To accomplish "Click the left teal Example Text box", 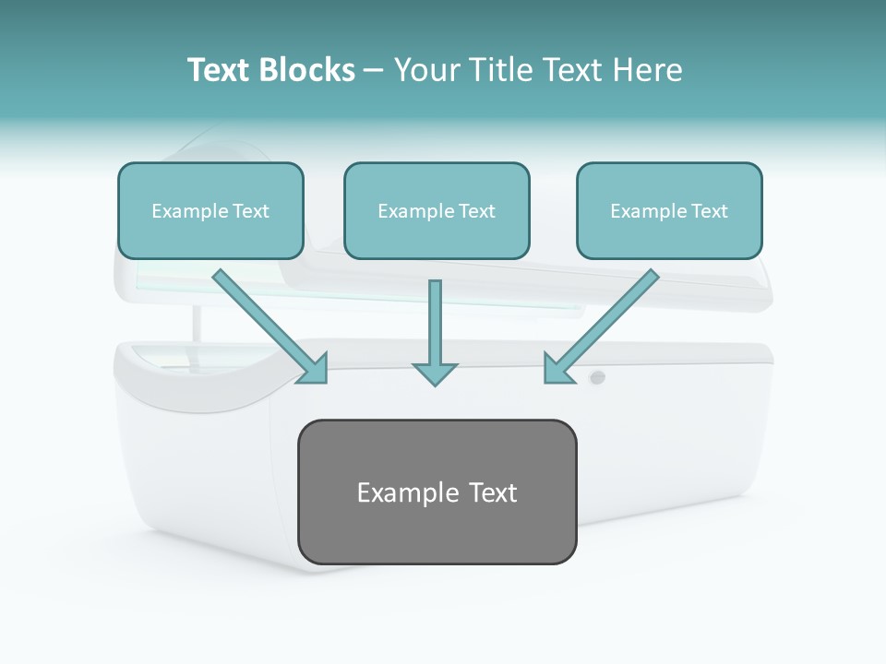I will click(210, 210).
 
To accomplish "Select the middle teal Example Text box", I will click(437, 210).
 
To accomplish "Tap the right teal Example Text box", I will click(669, 210).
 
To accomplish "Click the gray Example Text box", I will click(437, 492).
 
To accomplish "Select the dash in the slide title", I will click(375, 70).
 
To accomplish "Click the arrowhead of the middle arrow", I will click(435, 373).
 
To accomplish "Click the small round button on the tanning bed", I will click(597, 376).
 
